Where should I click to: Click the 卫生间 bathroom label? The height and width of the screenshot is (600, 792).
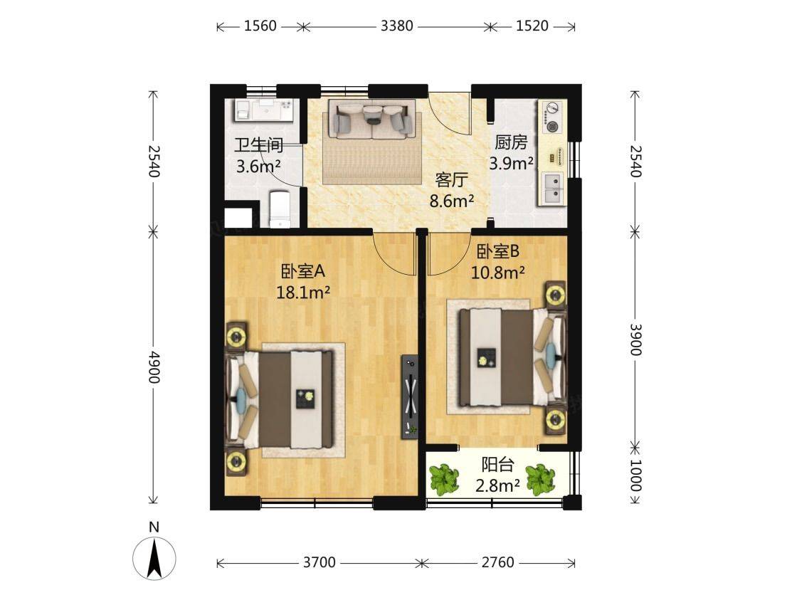258,145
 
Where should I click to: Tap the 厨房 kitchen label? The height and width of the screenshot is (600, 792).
511,142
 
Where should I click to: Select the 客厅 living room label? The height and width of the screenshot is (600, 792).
452,180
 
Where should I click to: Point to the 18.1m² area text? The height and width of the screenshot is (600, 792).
303,292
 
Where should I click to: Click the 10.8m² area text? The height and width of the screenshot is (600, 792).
497,273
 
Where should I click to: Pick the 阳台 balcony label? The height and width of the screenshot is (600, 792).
497,464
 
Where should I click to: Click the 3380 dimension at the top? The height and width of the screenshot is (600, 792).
396,26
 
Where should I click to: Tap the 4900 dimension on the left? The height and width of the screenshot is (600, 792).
154,367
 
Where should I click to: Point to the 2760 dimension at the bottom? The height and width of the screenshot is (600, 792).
497,562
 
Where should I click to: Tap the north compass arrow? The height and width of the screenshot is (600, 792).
154,558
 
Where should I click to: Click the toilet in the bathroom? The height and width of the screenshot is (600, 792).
280,209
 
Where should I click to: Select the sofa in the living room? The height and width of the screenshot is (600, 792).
372,119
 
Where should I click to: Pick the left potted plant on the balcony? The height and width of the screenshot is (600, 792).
444,479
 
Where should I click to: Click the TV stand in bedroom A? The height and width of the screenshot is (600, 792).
409,397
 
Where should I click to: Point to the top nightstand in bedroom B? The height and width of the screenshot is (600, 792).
556,293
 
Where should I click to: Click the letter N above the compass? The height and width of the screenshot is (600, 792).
154,527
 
